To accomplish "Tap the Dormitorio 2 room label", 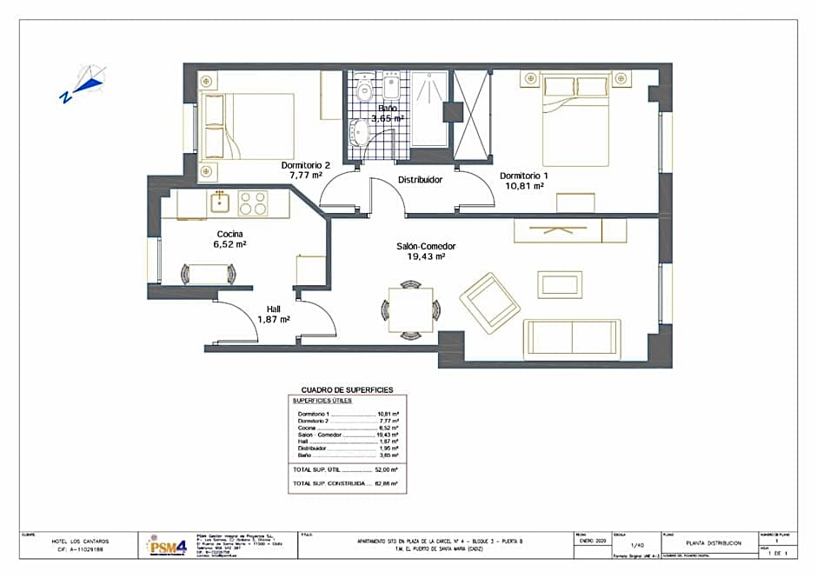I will [x=306, y=164].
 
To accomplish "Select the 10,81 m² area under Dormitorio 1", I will [x=523, y=185].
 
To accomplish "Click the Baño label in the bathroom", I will [x=388, y=109].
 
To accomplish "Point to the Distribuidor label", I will [x=421, y=180].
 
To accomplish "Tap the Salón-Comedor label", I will [x=426, y=246].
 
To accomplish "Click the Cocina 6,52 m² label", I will [x=230, y=239].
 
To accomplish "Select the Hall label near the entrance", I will [x=273, y=309].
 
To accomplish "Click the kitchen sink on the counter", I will [x=220, y=203].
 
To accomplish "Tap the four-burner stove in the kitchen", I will [x=252, y=203].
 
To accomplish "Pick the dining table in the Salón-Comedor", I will [x=411, y=309].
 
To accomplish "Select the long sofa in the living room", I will [x=571, y=339].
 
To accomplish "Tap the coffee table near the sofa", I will [x=554, y=284].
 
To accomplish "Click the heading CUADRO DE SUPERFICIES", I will [x=347, y=390].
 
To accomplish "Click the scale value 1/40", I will [x=638, y=545].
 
